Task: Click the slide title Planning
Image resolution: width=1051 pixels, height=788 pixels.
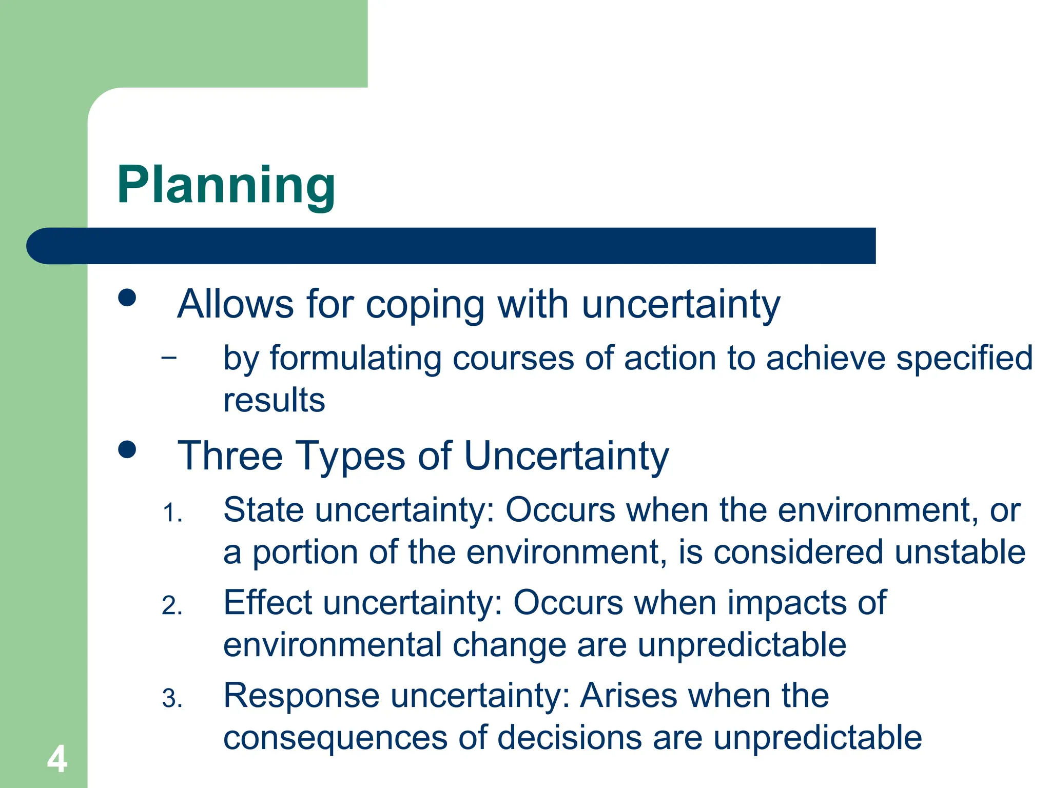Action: [x=226, y=186]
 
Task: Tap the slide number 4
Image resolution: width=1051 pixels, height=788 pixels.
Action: [x=57, y=760]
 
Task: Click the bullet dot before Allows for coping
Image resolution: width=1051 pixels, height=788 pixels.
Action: [x=127, y=298]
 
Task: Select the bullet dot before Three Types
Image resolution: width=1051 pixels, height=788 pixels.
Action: [x=127, y=449]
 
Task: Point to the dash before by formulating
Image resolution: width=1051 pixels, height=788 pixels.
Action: [x=168, y=357]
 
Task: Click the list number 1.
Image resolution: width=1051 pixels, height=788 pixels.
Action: [x=172, y=514]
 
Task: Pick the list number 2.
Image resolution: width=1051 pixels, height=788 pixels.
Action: [x=172, y=606]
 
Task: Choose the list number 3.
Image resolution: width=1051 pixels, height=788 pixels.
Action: [x=172, y=699]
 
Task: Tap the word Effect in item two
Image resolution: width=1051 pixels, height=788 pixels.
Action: [x=268, y=603]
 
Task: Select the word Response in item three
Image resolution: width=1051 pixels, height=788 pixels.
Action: [x=302, y=696]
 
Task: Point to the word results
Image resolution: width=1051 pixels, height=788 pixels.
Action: [x=274, y=400]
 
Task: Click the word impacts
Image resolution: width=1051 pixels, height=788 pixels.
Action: [x=787, y=603]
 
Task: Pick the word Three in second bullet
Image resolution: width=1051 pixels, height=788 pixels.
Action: [x=230, y=456]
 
